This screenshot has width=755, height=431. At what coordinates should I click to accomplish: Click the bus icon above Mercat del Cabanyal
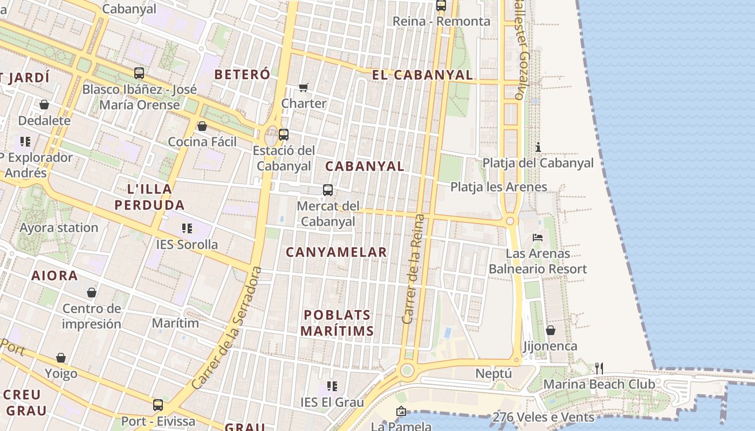coord(328,190)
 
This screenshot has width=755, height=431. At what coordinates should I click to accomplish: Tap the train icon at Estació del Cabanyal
coord(284,134)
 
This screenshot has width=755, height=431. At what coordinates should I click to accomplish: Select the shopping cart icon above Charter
coord(304,87)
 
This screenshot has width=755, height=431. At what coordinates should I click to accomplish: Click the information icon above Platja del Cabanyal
coord(538,147)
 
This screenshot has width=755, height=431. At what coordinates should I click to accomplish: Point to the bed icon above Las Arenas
coord(538,237)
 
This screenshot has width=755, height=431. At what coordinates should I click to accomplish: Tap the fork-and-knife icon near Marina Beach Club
coord(599,369)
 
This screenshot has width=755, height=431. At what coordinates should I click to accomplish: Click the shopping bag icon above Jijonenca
coord(551,330)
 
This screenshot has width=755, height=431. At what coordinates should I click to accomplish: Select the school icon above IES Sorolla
coord(187,228)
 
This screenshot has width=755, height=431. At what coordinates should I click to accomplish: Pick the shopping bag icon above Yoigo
coord(61,358)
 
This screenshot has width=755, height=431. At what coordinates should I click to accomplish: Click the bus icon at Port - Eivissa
coord(158,405)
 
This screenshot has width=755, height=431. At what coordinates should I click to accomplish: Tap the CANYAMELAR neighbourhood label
coord(337,252)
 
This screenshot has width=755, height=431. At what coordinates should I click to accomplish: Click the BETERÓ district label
coord(242,74)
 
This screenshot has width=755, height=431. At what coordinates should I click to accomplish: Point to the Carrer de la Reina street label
coord(414,269)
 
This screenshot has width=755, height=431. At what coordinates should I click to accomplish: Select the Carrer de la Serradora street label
coord(226,328)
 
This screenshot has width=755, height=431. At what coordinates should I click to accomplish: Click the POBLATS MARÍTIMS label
coord(337,323)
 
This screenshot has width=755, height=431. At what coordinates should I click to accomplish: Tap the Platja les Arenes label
coord(499,187)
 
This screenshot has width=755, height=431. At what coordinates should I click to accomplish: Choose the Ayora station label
coord(59,227)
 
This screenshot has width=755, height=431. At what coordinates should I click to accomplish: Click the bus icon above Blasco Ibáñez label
coord(139,73)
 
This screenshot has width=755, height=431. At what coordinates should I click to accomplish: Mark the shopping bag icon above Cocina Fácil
coord(202,126)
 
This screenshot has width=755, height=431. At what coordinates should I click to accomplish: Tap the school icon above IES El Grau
coord(332,386)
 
